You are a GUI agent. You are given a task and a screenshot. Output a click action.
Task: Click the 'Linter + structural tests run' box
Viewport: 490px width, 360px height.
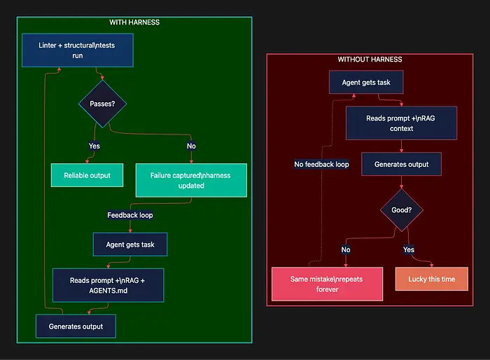click(x=77, y=50)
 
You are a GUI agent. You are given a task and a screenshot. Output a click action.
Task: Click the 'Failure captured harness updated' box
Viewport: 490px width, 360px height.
click(x=190, y=180)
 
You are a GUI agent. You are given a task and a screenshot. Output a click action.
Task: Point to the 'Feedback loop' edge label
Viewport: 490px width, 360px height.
click(x=129, y=215)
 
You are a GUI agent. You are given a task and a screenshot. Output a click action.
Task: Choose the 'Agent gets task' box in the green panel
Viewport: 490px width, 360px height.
click(x=129, y=244)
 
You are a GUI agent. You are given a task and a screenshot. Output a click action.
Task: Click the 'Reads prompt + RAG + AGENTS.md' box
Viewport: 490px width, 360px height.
click(x=108, y=285)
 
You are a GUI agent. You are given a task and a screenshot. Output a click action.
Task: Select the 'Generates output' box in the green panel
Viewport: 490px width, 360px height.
click(x=76, y=326)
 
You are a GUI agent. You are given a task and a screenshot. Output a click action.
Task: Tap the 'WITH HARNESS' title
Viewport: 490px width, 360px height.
click(x=134, y=22)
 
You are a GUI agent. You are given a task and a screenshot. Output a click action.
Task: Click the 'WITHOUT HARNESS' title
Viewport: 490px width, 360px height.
click(x=370, y=60)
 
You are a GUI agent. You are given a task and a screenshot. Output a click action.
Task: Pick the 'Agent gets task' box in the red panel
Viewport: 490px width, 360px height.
click(x=366, y=83)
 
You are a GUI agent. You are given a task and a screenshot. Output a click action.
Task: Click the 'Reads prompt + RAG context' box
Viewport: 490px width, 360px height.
click(x=401, y=123)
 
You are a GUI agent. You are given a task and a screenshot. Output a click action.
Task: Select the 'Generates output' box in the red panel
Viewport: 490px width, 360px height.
click(x=401, y=165)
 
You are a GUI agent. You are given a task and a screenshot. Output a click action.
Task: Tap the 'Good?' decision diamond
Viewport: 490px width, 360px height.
click(x=402, y=210)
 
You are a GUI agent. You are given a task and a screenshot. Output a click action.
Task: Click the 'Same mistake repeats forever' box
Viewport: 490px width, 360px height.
click(x=327, y=284)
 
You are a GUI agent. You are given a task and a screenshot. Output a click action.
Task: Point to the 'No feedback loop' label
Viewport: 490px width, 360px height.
click(x=321, y=165)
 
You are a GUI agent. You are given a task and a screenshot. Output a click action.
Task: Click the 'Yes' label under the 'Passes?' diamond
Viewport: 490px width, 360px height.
click(x=94, y=146)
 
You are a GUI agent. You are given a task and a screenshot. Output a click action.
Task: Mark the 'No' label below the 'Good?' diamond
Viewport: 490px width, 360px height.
click(x=346, y=249)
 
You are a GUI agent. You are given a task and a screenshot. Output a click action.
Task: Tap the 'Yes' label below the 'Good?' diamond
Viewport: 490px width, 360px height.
click(x=409, y=249)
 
